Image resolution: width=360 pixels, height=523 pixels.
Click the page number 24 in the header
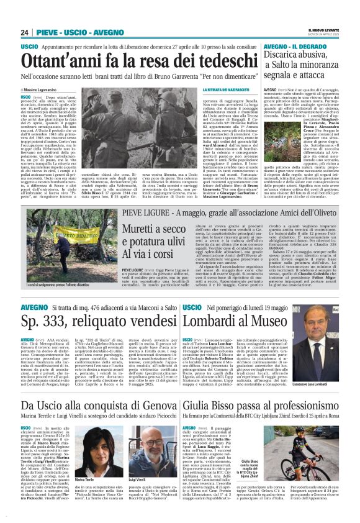[25, 32]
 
